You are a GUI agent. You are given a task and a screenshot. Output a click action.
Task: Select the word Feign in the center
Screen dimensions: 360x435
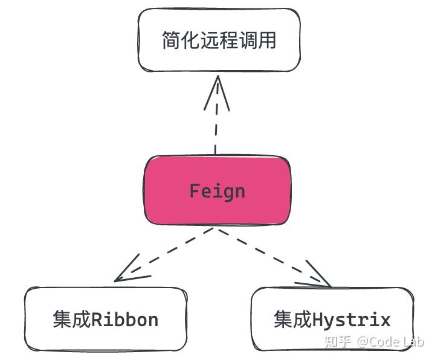pyautogui.click(x=217, y=191)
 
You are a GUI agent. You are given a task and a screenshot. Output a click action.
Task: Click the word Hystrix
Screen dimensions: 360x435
pyautogui.click(x=352, y=320)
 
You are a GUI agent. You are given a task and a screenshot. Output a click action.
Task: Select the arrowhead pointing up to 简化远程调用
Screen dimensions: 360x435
pyautogui.click(x=217, y=91)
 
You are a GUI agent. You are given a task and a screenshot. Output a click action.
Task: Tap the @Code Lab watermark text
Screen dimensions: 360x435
pyautogui.click(x=390, y=341)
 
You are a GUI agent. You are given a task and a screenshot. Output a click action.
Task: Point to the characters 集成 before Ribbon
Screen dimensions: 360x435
pyautogui.click(x=71, y=320)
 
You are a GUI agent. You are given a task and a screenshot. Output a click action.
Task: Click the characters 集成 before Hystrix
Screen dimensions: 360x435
pyautogui.click(x=292, y=320)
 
